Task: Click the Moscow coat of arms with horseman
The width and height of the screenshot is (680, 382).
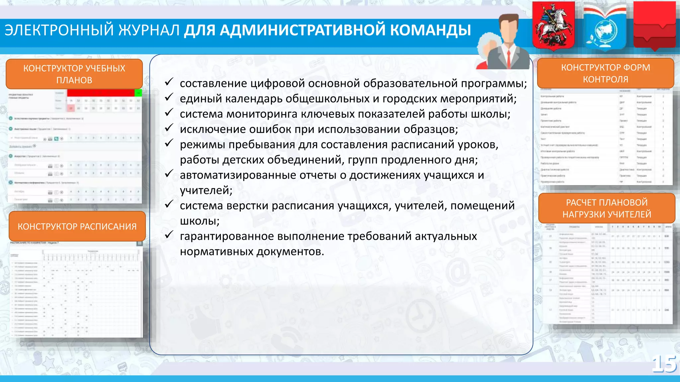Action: click(x=553, y=26)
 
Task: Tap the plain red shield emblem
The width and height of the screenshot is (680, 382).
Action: click(x=654, y=25)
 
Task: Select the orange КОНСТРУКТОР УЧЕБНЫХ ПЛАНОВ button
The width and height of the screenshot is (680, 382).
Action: click(x=74, y=74)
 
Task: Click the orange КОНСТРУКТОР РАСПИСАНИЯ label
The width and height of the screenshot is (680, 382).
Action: click(x=77, y=226)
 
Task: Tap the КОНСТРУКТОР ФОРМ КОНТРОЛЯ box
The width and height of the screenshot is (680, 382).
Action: click(x=605, y=73)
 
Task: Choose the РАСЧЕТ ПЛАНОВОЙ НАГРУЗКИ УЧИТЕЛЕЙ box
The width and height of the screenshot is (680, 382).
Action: click(x=607, y=208)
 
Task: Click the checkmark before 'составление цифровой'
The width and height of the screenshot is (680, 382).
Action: click(x=169, y=82)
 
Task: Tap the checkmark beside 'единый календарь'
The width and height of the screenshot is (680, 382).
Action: click(x=169, y=97)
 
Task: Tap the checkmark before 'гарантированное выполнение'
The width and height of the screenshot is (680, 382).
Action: click(x=169, y=235)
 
